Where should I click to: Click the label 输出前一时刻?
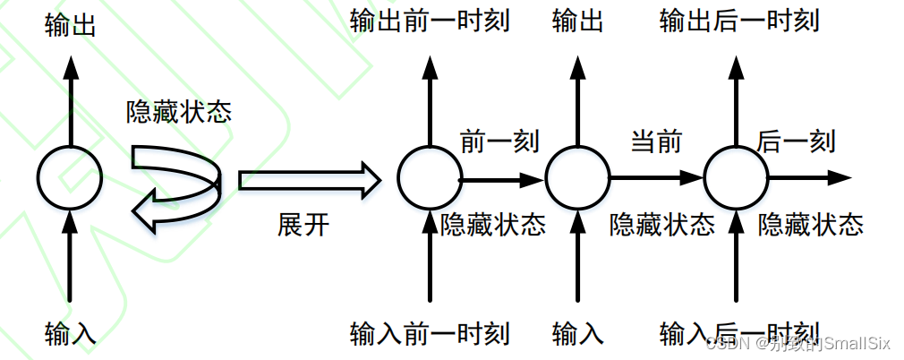tap(430, 20)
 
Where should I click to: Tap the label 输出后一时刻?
tap(739, 20)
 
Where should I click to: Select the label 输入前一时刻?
tap(430, 335)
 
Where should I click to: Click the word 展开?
tap(303, 225)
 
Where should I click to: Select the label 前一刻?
tap(499, 141)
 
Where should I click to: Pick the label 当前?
tap(657, 141)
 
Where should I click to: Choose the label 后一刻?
tap(797, 141)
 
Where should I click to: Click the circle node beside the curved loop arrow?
tap(70, 176)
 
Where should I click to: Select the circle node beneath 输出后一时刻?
tap(737, 176)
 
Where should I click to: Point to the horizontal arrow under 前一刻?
tap(502, 180)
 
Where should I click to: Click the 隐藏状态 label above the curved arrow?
tap(179, 112)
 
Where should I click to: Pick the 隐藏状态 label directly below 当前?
tap(662, 225)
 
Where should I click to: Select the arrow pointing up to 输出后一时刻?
tap(737, 99)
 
